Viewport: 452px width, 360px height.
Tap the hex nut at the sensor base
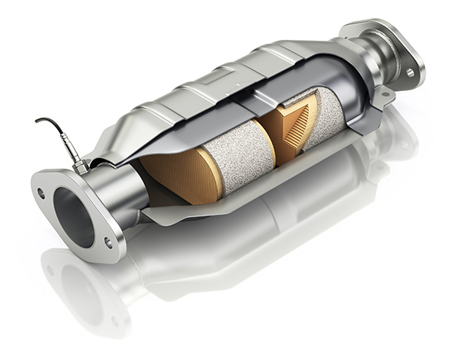click(78, 159)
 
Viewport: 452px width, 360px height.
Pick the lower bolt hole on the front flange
click(108, 243)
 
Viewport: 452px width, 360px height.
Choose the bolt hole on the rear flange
click(410, 72)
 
